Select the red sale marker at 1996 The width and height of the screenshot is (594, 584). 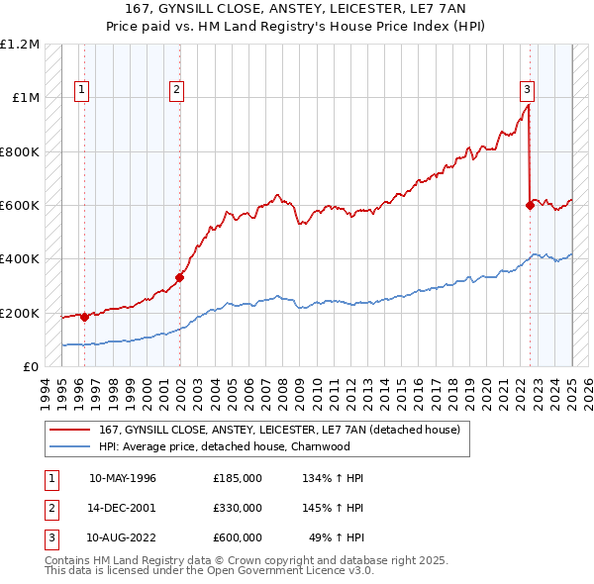(x=84, y=317)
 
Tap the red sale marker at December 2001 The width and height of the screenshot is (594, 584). (x=180, y=278)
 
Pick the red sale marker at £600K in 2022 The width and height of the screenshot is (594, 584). (x=530, y=206)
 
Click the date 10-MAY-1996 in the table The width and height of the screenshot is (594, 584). (x=122, y=478)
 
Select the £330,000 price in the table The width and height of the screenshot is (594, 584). (x=237, y=508)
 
